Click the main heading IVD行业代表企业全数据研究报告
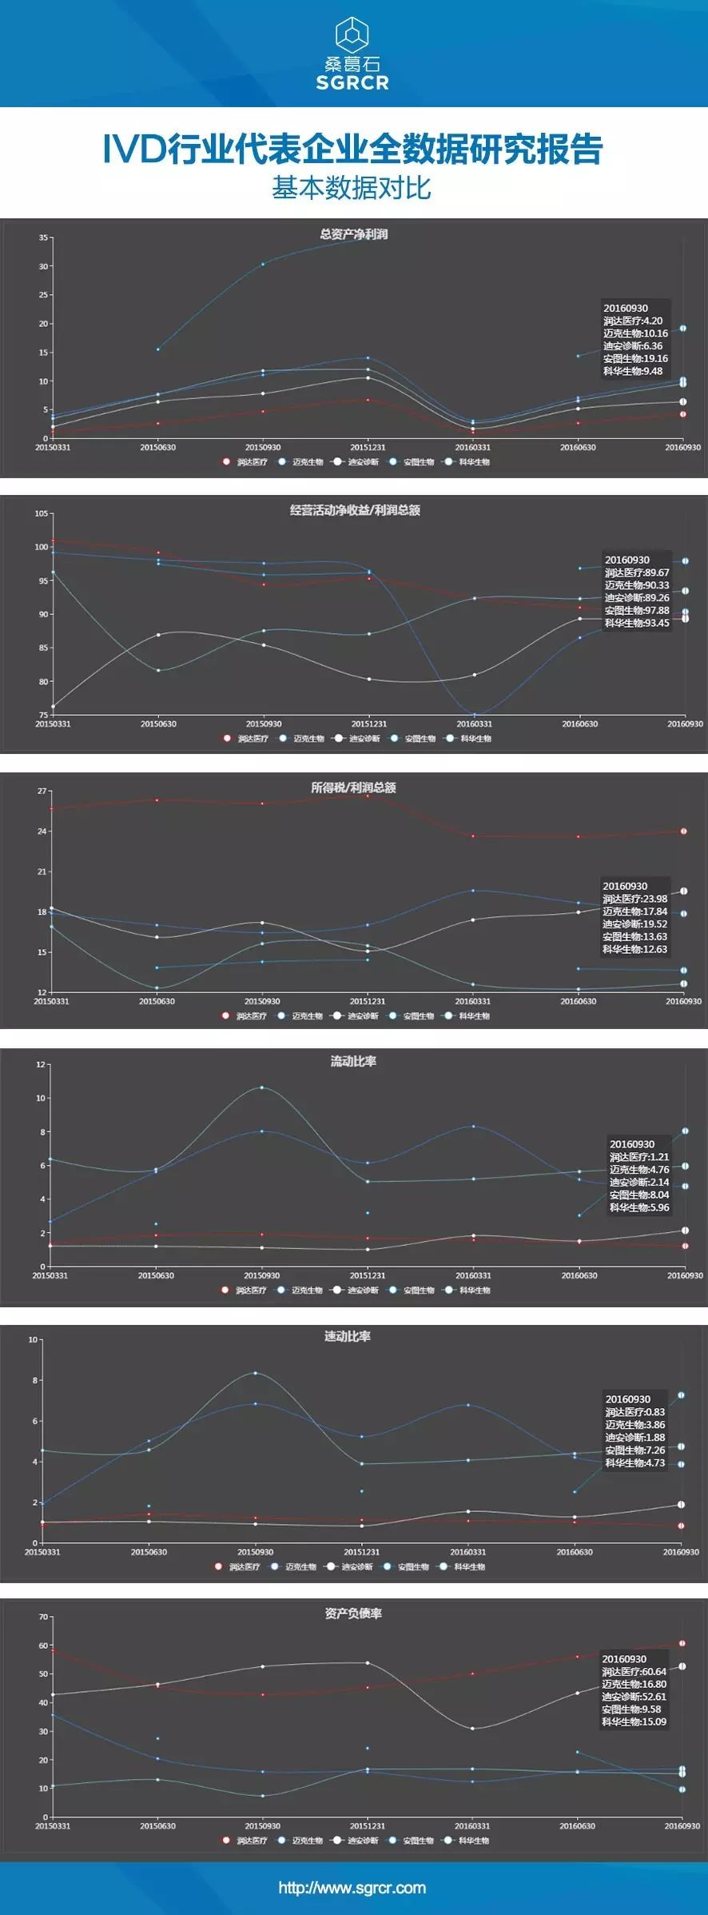(352, 150)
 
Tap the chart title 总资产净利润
(353, 234)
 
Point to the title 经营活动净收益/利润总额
(355, 510)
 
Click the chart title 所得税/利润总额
(353, 788)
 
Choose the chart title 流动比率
(353, 1061)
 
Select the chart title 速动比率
(347, 1336)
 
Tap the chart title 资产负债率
(353, 1614)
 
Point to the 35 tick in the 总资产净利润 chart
(43, 237)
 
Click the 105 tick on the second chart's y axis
(42, 513)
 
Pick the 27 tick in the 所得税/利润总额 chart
(42, 791)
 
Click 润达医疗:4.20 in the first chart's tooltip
(633, 321)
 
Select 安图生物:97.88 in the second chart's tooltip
(637, 610)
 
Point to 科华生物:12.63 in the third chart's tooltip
(634, 949)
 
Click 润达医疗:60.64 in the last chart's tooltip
(634, 1672)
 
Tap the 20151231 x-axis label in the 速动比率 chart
(361, 1552)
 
